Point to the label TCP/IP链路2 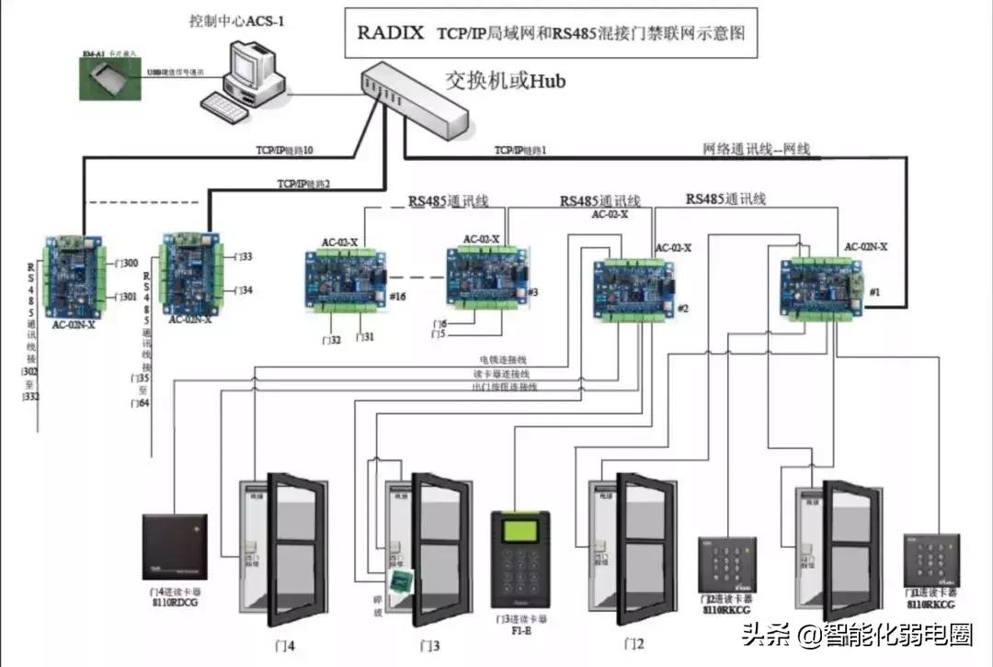tap(303, 184)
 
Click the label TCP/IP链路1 tap(520, 150)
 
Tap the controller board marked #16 tap(346, 279)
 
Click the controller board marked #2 tap(635, 291)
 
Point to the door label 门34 tap(243, 290)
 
